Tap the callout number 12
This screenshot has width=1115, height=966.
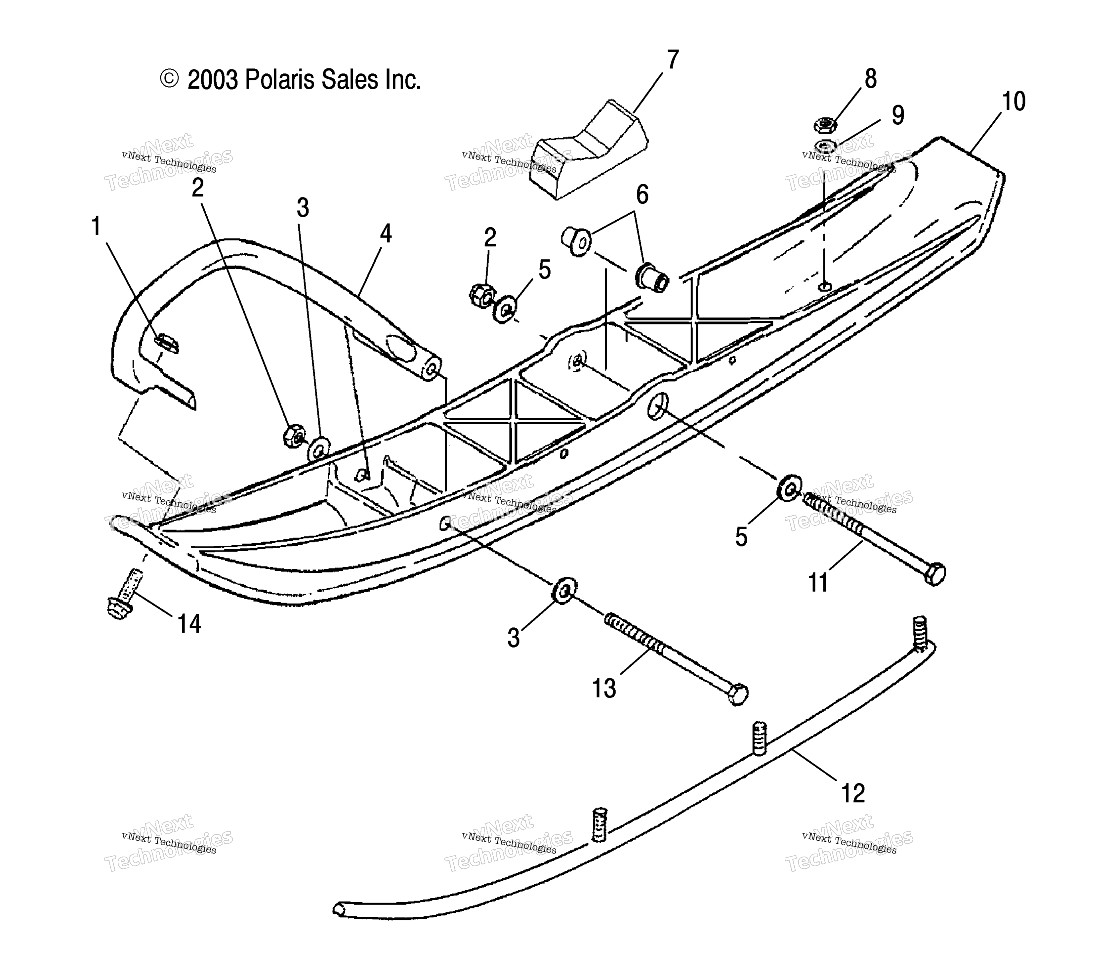tap(853, 793)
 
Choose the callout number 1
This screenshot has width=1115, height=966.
tap(96, 227)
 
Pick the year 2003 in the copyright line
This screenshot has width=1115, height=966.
tap(212, 80)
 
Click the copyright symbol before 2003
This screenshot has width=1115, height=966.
tap(169, 79)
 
